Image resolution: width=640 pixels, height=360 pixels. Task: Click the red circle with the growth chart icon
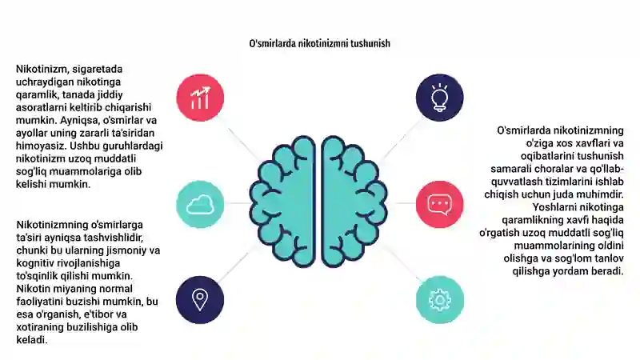pyautogui.click(x=200, y=98)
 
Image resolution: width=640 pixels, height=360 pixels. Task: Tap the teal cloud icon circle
pyautogui.click(x=200, y=204)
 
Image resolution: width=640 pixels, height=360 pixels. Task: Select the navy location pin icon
pyautogui.click(x=200, y=299)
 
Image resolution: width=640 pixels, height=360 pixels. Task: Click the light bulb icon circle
pyautogui.click(x=439, y=98)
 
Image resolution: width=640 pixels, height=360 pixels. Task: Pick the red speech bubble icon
pyautogui.click(x=439, y=204)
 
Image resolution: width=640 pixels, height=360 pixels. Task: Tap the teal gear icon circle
pyautogui.click(x=439, y=299)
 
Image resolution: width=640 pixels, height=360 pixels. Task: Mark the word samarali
pyautogui.click(x=510, y=169)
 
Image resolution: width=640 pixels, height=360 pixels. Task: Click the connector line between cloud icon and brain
pyautogui.click(x=237, y=203)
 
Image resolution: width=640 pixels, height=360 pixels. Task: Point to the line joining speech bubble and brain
pyautogui.click(x=402, y=203)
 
